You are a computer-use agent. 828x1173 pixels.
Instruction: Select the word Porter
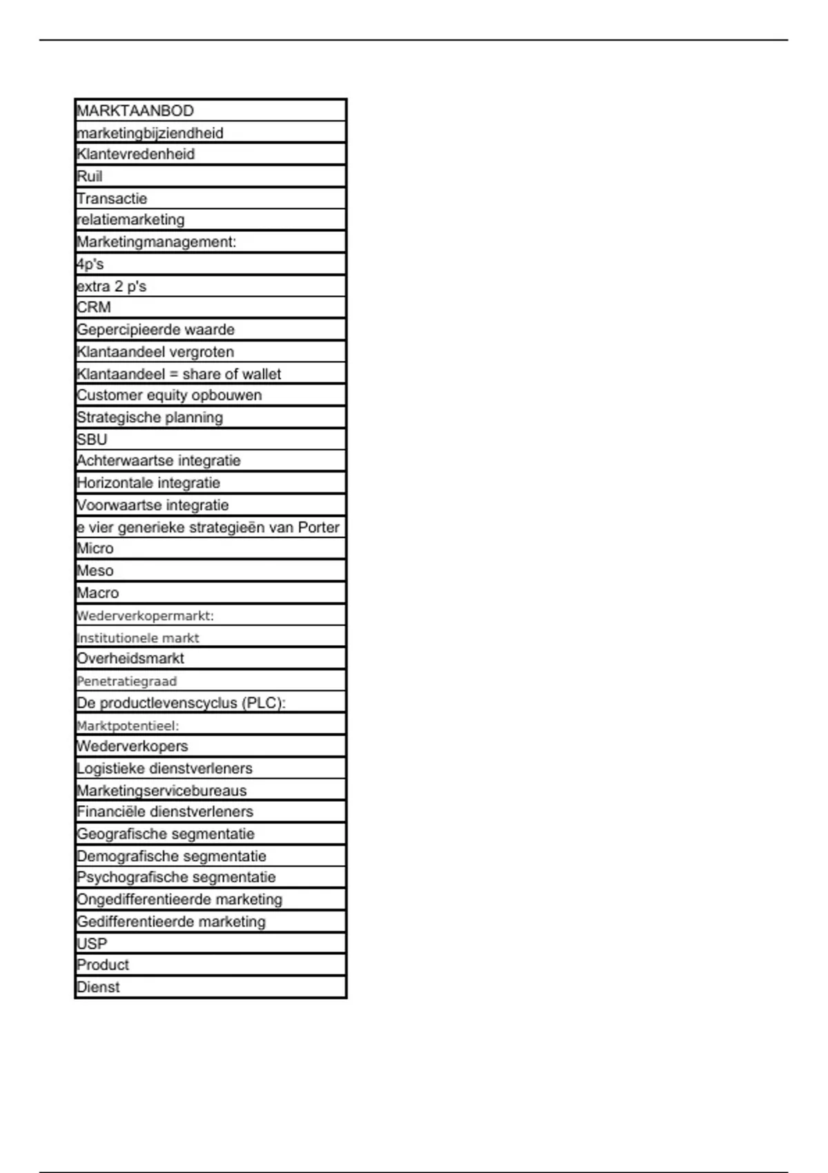(318, 528)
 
